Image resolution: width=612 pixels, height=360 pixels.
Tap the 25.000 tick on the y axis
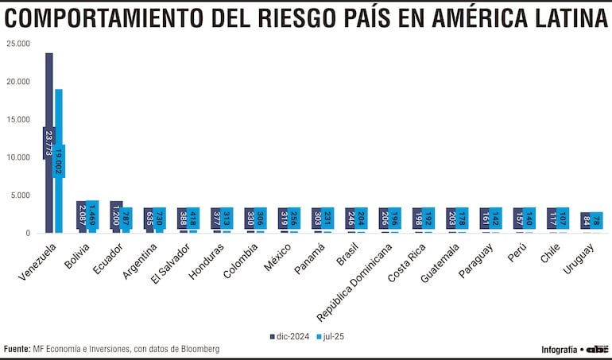pos(18,44)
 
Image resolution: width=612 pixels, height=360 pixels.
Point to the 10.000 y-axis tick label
pos(18,157)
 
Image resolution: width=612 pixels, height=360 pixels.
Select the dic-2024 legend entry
pos(289,337)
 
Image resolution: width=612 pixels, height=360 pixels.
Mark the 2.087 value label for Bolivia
pos(83,215)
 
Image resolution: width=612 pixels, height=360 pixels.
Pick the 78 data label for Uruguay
pos(597,220)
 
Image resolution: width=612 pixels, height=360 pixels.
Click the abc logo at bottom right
pos(598,349)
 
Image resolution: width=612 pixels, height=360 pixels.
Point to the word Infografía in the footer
pos(559,349)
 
